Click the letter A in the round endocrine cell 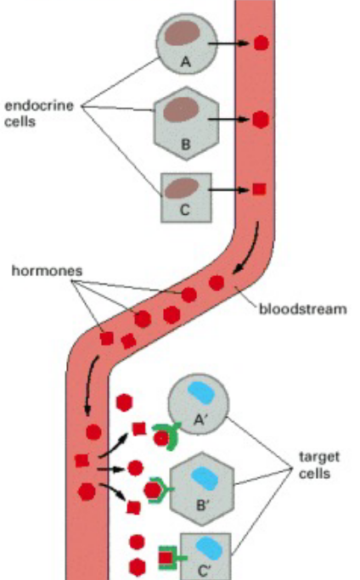tap(183, 59)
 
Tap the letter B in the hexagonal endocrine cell tap(186, 144)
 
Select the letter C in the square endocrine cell tap(185, 211)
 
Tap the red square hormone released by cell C tap(259, 189)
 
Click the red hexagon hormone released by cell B tap(261, 119)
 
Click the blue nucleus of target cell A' tap(200, 392)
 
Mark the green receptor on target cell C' tap(169, 558)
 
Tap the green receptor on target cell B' tap(161, 490)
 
